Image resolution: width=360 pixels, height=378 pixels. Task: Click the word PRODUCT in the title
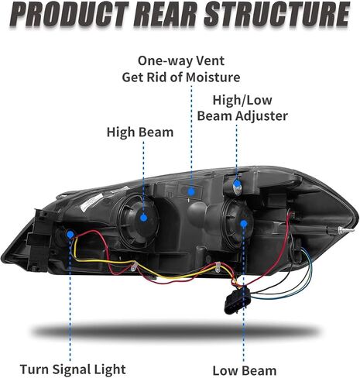(x=71, y=15)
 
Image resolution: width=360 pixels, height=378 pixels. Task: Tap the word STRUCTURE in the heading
(x=276, y=15)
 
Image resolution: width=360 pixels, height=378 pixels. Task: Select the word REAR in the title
(x=168, y=15)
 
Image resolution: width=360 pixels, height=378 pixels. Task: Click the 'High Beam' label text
(x=140, y=132)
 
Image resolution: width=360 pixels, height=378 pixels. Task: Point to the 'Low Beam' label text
(x=245, y=371)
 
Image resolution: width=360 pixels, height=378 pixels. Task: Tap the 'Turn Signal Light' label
(x=73, y=369)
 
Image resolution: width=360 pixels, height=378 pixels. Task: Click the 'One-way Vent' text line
(x=181, y=61)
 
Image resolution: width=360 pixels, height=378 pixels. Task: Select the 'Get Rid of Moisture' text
(x=181, y=77)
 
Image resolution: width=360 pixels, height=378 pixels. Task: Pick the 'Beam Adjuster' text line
(x=242, y=115)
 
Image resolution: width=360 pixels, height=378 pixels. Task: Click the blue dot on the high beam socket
(x=144, y=218)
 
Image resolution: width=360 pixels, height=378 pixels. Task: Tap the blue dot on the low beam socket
(x=243, y=224)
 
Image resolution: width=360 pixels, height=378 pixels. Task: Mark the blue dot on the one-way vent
(x=191, y=192)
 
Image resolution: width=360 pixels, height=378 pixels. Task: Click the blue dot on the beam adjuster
(x=236, y=184)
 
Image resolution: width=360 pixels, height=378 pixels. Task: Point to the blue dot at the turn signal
(x=70, y=235)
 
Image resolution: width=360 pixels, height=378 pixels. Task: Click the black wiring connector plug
(x=236, y=301)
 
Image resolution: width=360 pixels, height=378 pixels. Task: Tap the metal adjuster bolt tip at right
(x=346, y=230)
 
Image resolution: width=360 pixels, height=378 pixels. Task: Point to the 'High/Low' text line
(x=242, y=100)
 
